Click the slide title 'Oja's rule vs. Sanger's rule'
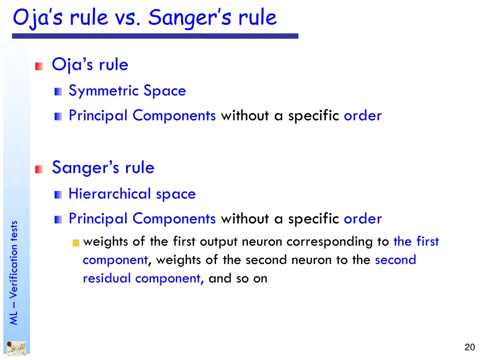[145, 18]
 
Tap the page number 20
[469, 347]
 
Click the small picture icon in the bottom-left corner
[16, 348]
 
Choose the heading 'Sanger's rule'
[103, 167]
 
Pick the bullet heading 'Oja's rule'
[90, 65]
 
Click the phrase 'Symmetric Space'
[127, 91]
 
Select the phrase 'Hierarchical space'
[132, 194]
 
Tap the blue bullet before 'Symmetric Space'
[58, 92]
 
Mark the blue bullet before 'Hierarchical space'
[58, 195]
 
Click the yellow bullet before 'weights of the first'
[76, 243]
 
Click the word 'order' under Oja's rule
[362, 116]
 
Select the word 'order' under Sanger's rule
[362, 219]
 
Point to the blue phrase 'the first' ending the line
[416, 242]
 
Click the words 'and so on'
[238, 278]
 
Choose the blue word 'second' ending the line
[395, 260]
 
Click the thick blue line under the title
[155, 36]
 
